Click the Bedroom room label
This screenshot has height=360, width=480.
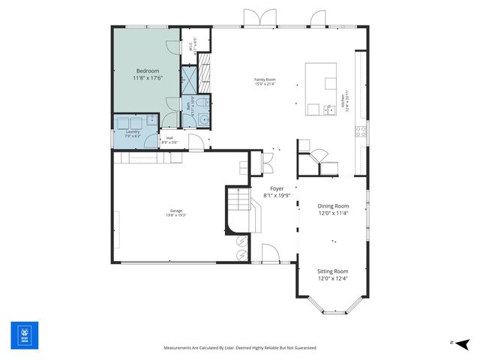click(x=147, y=70)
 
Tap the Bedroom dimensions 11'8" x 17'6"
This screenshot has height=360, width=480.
click(x=147, y=78)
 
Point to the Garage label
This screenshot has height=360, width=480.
click(x=175, y=211)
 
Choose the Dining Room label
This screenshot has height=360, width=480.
click(x=333, y=205)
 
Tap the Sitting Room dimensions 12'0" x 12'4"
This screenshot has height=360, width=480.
click(x=333, y=277)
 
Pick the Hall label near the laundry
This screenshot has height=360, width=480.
click(x=169, y=137)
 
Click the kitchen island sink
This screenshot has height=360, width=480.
click(x=328, y=110)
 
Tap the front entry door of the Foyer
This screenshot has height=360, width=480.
click(x=270, y=255)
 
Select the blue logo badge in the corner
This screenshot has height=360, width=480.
click(x=24, y=335)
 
